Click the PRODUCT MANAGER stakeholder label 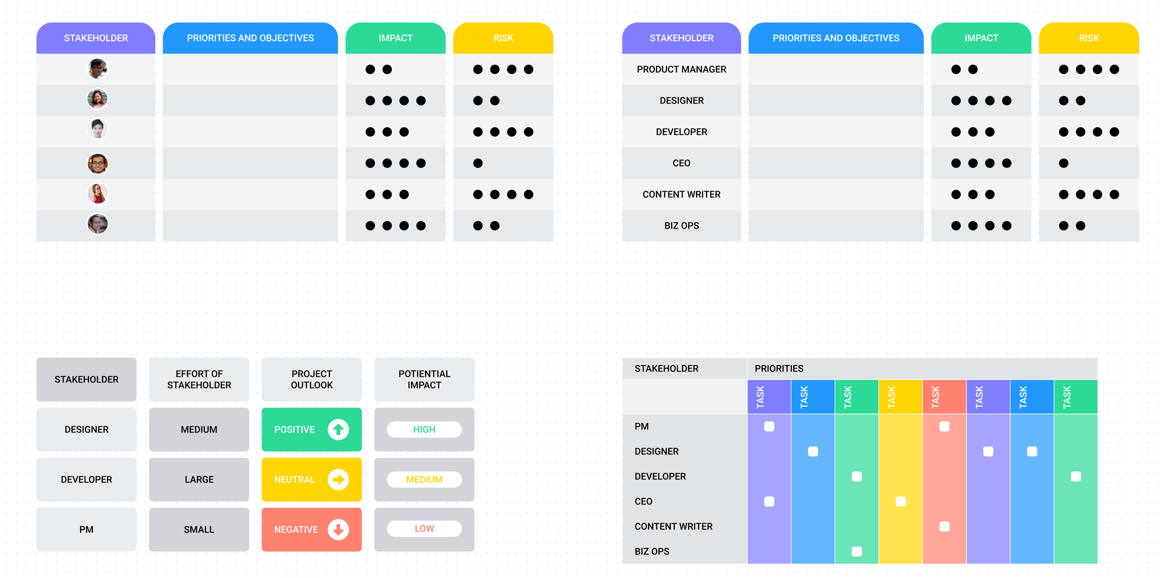pos(681,70)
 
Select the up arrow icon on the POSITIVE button pos(338,429)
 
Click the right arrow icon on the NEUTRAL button pos(338,479)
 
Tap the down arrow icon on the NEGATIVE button pos(338,529)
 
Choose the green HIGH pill pos(424,429)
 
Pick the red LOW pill pos(424,528)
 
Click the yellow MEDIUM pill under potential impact pos(424,479)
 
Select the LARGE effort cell pos(199,479)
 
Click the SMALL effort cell pos(199,529)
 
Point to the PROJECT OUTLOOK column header pos(311,379)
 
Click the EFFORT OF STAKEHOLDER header pos(199,379)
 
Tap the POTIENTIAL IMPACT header pos(424,379)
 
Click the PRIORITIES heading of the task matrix pos(779,369)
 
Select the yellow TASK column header pos(900,397)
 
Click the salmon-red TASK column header pos(944,397)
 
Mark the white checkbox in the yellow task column pos(900,501)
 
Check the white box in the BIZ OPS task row pos(856,551)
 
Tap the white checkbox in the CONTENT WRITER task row pos(944,527)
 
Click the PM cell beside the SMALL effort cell pos(86,529)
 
